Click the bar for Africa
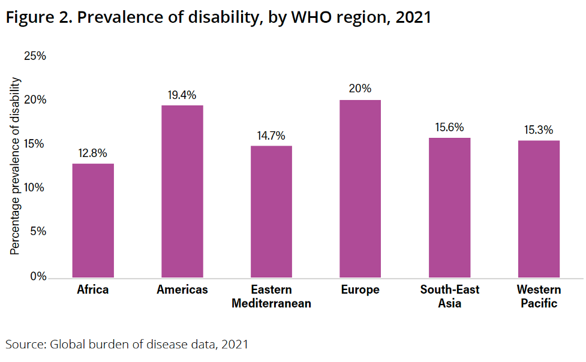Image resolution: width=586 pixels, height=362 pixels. tap(93, 220)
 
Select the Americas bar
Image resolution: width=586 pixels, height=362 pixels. tap(182, 191)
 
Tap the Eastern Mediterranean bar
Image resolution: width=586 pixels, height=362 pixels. tap(271, 211)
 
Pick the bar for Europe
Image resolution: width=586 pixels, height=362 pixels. tap(360, 188)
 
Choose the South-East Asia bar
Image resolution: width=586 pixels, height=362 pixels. tap(449, 207)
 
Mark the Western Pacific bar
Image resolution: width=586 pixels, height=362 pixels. tap(539, 209)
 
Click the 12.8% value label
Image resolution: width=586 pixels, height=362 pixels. tap(93, 153)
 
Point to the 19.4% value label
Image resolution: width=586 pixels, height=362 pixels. tap(182, 95)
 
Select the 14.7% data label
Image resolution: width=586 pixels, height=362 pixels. tap(271, 135)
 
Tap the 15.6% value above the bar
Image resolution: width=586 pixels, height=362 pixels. tap(449, 128)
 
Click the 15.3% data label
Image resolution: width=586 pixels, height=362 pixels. tap(539, 130)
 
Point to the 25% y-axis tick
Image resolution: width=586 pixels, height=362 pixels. tap(35, 56)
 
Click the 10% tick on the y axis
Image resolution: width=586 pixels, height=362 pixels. tap(35, 188)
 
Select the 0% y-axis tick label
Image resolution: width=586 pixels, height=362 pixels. tap(38, 276)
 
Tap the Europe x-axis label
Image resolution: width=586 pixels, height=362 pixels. tap(360, 290)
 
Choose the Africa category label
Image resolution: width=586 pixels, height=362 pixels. tap(93, 290)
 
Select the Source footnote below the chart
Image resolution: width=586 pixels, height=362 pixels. tap(127, 344)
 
